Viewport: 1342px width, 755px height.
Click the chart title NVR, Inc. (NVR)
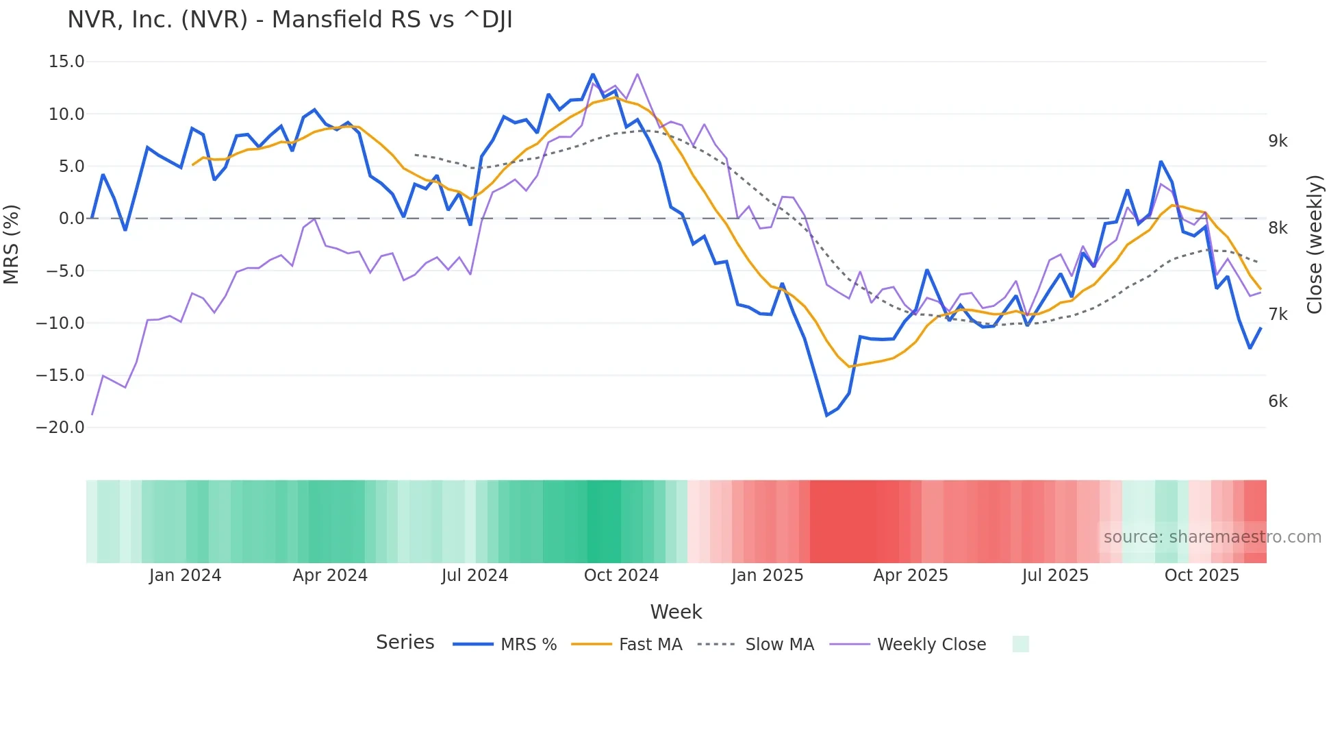(x=290, y=20)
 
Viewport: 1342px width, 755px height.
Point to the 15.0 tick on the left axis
(x=66, y=62)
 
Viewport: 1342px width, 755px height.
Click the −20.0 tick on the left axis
(x=60, y=428)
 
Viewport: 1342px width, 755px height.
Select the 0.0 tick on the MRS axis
(x=71, y=219)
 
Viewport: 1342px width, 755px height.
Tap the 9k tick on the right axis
(x=1278, y=141)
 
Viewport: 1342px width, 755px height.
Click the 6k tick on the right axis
(x=1278, y=401)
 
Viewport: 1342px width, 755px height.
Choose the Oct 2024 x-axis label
(x=621, y=575)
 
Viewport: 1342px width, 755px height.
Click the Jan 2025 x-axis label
(x=767, y=575)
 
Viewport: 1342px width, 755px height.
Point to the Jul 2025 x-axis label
(x=1055, y=575)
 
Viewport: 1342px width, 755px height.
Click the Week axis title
(x=676, y=612)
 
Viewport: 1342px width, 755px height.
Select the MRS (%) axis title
(x=12, y=244)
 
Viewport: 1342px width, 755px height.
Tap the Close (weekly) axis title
(x=1314, y=245)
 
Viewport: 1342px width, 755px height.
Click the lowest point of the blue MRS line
(x=826, y=415)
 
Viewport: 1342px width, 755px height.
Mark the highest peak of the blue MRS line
(x=593, y=74)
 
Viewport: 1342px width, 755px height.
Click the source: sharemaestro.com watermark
(x=1212, y=537)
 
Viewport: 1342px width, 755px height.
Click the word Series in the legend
(x=405, y=643)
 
